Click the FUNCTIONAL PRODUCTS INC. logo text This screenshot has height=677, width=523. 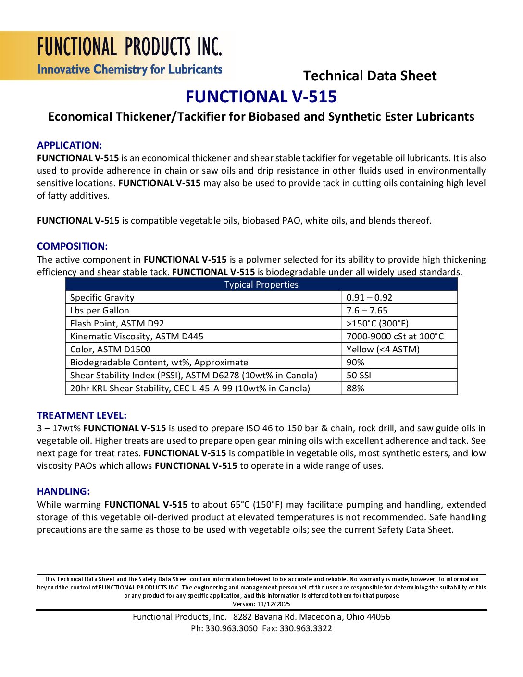tap(130, 47)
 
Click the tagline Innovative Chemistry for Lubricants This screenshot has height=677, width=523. tap(130, 70)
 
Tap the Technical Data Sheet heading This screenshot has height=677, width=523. tap(370, 76)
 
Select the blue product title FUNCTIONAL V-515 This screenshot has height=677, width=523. tap(261, 97)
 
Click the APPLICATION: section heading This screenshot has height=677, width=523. tap(69, 145)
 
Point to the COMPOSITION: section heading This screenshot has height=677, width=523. tap(72, 246)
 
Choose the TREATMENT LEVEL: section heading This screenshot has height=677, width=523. tap(82, 415)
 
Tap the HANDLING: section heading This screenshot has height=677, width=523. tap(63, 491)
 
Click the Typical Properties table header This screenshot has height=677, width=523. tap(261, 285)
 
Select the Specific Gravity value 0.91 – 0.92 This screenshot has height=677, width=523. tap(369, 298)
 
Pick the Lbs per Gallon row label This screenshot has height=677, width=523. tap(100, 311)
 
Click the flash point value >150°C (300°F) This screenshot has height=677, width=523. tap(377, 324)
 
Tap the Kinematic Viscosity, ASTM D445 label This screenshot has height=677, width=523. tap(137, 337)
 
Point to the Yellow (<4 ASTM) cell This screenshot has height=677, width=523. tap(383, 350)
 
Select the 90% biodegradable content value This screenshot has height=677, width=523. tap(355, 363)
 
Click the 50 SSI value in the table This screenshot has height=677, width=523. tap(359, 376)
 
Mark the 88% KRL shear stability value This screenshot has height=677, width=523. tap(355, 389)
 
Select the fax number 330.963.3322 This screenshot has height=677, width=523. tap(306, 628)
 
